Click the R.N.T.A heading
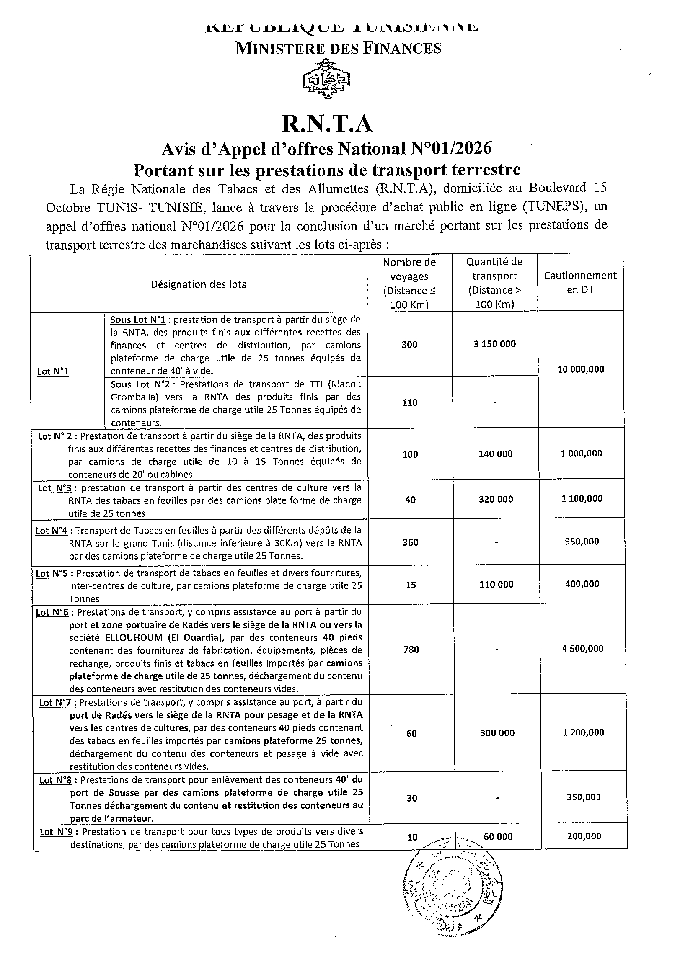(327, 124)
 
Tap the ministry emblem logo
(327, 80)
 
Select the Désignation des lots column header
(199, 284)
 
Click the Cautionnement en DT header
(580, 282)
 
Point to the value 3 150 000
(494, 344)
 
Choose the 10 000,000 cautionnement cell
(581, 369)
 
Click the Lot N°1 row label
(53, 371)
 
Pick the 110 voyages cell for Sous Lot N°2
(409, 402)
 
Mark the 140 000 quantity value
(495, 454)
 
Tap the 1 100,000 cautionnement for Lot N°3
(582, 498)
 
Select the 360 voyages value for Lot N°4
(410, 542)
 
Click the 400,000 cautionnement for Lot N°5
(582, 584)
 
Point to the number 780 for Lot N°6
(411, 650)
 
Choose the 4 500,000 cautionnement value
(582, 649)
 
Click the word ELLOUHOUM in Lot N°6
(130, 638)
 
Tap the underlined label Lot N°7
(58, 703)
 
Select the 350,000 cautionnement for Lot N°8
(583, 797)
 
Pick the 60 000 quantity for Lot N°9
(498, 837)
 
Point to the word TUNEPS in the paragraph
(551, 206)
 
